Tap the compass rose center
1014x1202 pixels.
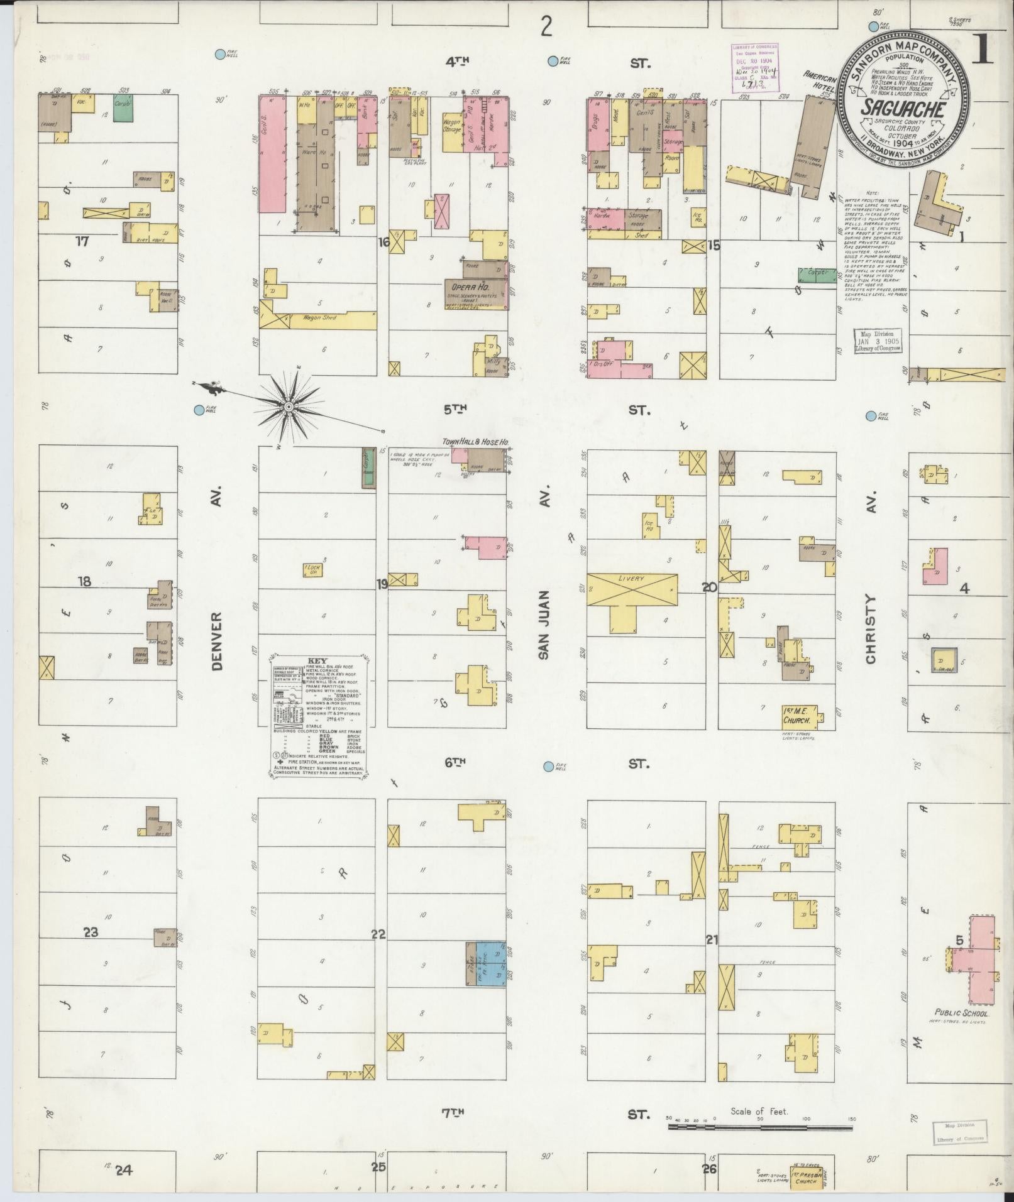pyautogui.click(x=288, y=407)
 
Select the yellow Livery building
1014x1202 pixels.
pyautogui.click(x=632, y=589)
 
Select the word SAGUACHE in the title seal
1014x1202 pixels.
pyautogui.click(x=903, y=108)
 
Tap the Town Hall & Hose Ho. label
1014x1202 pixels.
pyautogui.click(x=475, y=442)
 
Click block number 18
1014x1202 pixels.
pyautogui.click(x=84, y=581)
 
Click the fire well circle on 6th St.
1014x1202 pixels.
pyautogui.click(x=549, y=767)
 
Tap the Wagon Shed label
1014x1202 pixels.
pyautogui.click(x=321, y=318)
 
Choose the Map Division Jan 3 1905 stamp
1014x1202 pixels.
pyautogui.click(x=877, y=340)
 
